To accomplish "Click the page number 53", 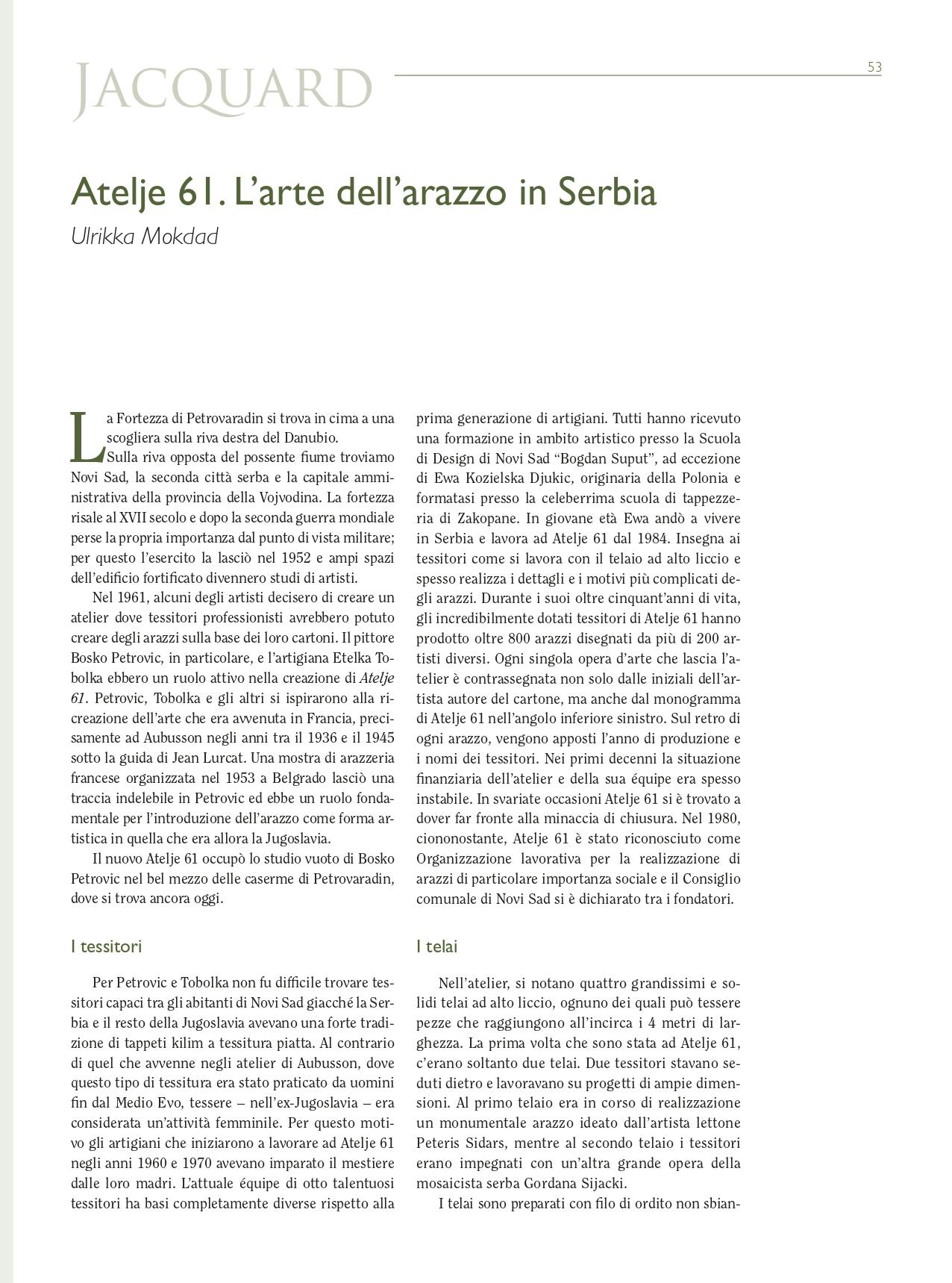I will tap(874, 67).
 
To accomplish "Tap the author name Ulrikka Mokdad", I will tap(145, 237).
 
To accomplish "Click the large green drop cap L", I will tap(86, 437).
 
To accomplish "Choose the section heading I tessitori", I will tap(106, 946).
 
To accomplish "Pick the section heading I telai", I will tap(436, 946).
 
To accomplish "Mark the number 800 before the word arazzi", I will tap(519, 638).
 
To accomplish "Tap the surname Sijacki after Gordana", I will tap(599, 1183).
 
